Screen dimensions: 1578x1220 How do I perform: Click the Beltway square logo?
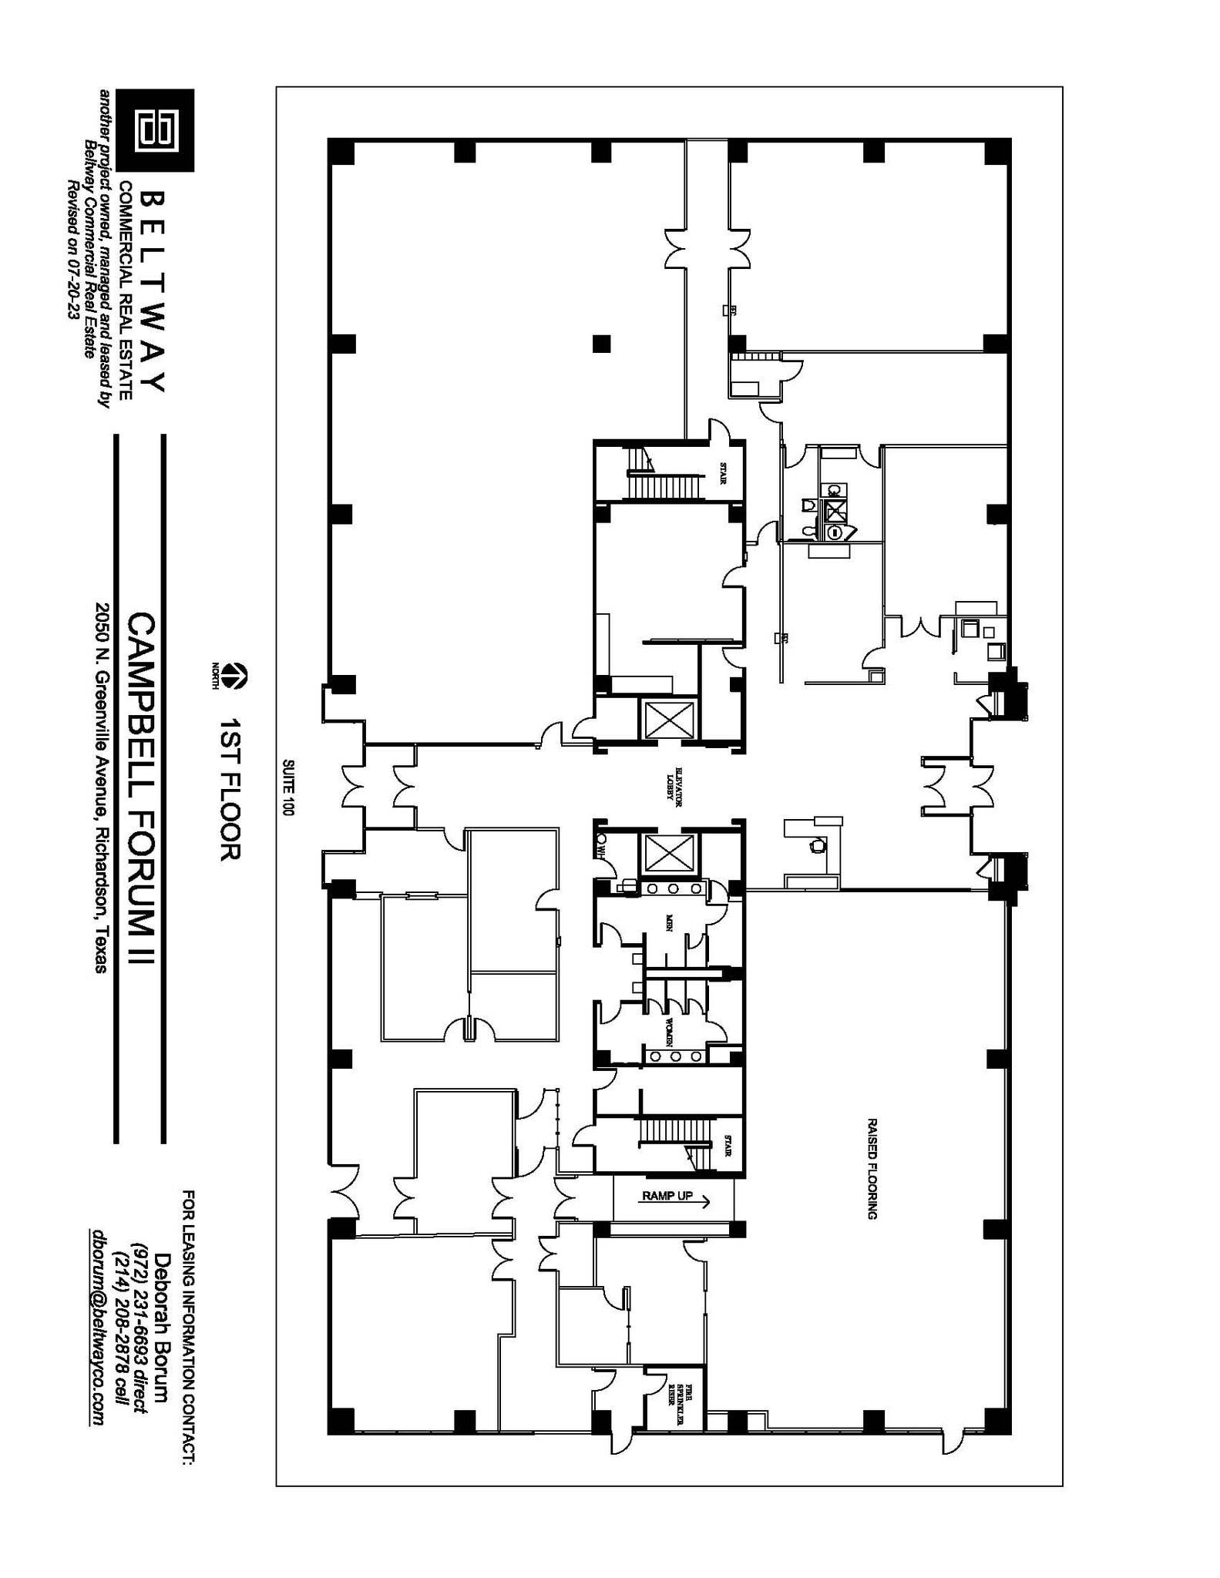[x=158, y=130]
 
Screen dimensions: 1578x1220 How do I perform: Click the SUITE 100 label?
[x=288, y=787]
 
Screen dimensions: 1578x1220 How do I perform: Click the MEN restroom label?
[x=669, y=923]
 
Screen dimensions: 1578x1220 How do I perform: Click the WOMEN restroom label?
[x=669, y=1030]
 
